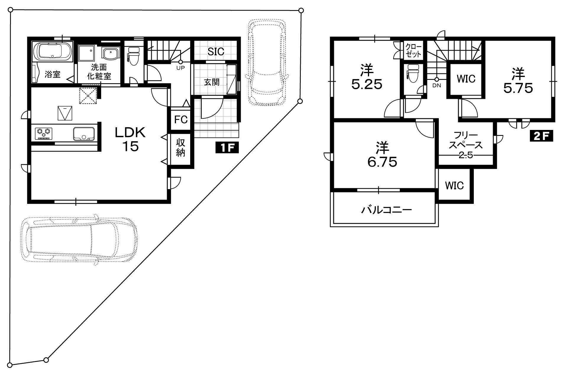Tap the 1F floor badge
point(227,148)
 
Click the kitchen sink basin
point(84,133)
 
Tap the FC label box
point(181,120)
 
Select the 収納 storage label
point(181,148)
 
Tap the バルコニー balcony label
point(387,210)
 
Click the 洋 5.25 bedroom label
point(367,77)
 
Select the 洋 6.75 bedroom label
point(382,154)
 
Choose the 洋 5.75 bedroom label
point(518,81)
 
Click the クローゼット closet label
point(413,50)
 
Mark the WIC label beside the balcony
point(454,185)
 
